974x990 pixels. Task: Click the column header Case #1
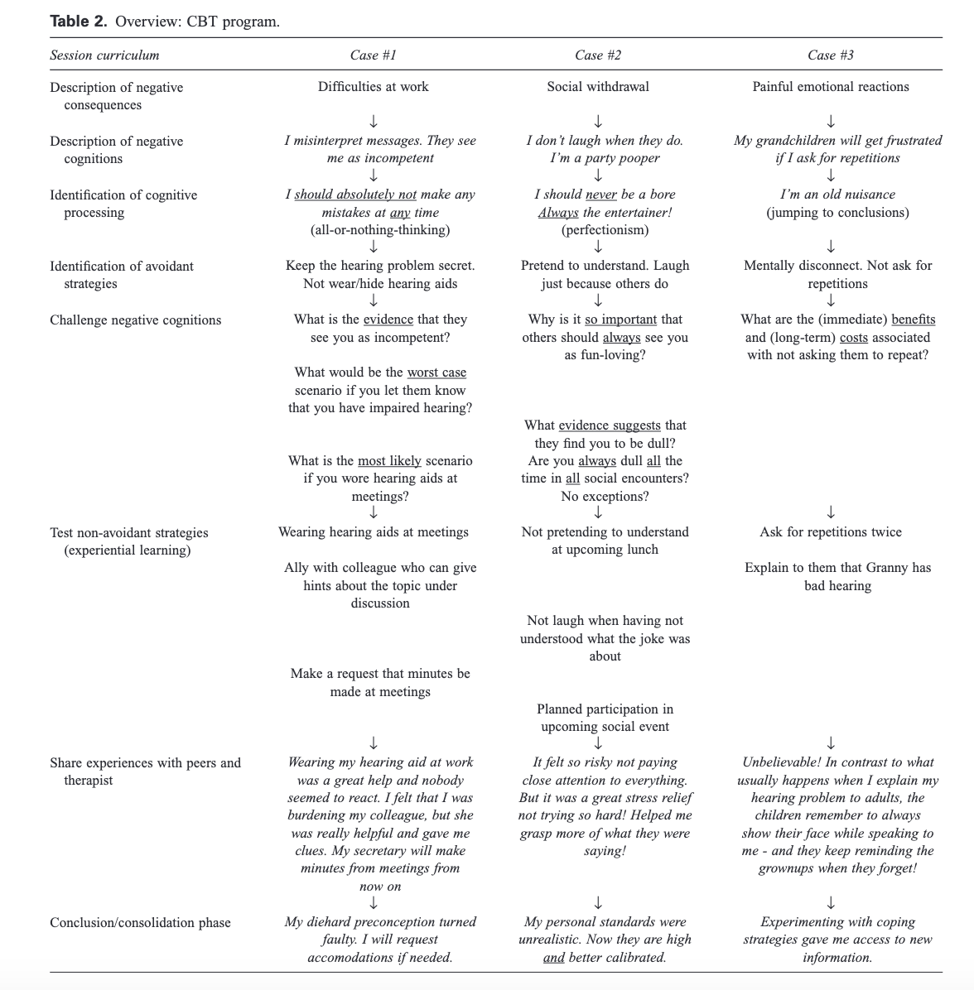(373, 55)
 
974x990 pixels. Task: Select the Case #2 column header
(597, 55)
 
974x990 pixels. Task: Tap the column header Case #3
(830, 55)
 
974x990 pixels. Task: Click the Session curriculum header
(104, 55)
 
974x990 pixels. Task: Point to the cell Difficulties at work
(373, 87)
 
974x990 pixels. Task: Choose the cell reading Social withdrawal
(597, 87)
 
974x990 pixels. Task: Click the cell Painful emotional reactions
(830, 87)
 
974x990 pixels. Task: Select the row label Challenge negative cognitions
(135, 320)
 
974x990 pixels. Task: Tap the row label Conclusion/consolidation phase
(140, 923)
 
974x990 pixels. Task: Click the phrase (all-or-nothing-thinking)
(380, 230)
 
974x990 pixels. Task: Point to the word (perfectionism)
(605, 230)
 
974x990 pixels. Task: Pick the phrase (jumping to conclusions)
(837, 213)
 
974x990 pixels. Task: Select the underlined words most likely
(389, 461)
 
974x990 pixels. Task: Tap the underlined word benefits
(913, 320)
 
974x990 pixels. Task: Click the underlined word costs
(853, 338)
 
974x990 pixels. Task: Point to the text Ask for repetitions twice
(830, 532)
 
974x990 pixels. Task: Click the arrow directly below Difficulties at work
(374, 123)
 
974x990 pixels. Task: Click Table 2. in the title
(78, 22)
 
